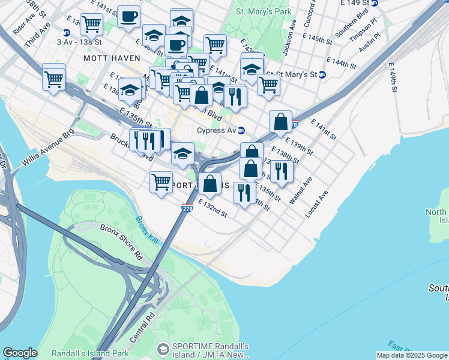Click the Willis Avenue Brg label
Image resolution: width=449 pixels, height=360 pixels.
click(x=48, y=146)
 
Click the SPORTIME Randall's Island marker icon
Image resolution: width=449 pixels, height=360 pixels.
click(x=162, y=349)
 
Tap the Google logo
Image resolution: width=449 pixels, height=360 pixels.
click(x=20, y=353)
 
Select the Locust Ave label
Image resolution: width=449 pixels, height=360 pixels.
click(x=317, y=204)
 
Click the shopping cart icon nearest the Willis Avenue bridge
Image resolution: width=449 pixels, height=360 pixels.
click(x=53, y=78)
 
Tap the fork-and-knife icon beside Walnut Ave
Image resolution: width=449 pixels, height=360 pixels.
click(x=281, y=171)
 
